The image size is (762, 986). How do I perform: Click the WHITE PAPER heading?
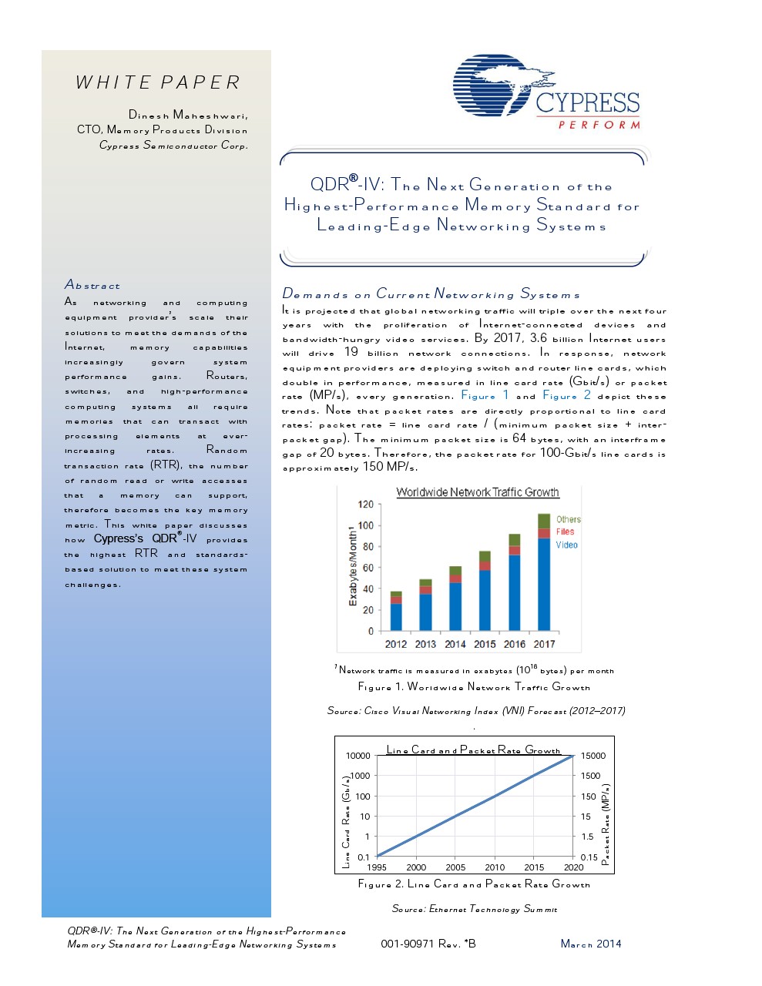pos(158,82)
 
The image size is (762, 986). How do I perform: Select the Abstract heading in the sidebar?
pos(92,285)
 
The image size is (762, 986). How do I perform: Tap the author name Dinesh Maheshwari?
pos(188,115)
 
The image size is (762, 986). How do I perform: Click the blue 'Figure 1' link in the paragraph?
pos(485,395)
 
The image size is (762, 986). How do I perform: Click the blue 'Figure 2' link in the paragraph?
pos(566,395)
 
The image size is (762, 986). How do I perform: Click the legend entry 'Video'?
pos(566,545)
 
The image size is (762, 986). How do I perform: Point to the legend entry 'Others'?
pos(568,519)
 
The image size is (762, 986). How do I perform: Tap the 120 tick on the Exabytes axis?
pos(365,505)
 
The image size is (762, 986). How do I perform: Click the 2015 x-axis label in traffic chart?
pos(485,644)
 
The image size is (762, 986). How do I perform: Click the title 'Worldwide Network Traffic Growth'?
pos(477,492)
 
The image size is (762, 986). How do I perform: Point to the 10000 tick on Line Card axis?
pos(358,756)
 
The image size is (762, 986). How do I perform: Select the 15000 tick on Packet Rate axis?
pos(592,756)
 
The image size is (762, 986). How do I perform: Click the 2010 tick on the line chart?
pos(495,867)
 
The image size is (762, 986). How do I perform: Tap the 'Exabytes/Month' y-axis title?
pos(353,566)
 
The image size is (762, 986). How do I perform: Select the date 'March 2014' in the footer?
pos(590,944)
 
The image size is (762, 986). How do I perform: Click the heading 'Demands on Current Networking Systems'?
pos(431,293)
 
